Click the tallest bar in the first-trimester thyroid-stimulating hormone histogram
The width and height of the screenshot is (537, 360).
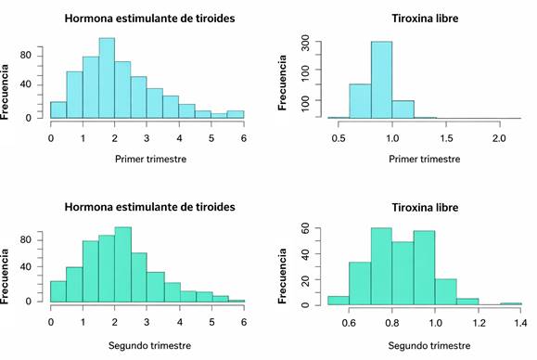[x=107, y=78]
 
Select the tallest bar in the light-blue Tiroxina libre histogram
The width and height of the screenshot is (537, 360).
[x=381, y=80]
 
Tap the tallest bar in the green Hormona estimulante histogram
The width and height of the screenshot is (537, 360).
[x=123, y=264]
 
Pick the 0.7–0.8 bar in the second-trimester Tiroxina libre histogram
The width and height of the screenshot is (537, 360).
[x=381, y=266]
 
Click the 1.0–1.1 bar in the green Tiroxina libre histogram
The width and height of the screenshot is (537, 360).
[x=445, y=292]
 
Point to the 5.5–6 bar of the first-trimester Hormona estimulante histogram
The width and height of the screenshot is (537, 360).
[x=236, y=114]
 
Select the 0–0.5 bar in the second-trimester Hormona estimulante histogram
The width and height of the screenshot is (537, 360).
[x=58, y=291]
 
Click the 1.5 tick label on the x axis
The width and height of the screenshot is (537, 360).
[x=446, y=138]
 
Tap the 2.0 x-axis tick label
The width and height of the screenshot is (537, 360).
[x=499, y=138]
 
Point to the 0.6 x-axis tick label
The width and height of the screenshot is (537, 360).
[x=349, y=323]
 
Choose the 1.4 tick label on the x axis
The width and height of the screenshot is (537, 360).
[x=520, y=323]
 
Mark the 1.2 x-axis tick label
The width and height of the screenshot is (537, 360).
[x=479, y=323]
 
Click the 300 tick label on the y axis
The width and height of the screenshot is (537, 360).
[x=305, y=43]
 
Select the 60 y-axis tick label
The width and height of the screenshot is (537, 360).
[x=305, y=227]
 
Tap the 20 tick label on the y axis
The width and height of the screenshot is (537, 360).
[x=305, y=280]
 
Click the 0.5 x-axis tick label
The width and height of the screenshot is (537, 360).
[x=339, y=138]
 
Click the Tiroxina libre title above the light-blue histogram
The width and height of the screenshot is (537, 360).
[x=425, y=19]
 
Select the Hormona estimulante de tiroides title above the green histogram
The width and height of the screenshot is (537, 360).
[x=149, y=207]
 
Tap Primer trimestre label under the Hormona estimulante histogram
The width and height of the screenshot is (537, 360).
[x=150, y=159]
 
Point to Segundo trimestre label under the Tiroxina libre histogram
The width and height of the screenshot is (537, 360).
[x=429, y=345]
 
